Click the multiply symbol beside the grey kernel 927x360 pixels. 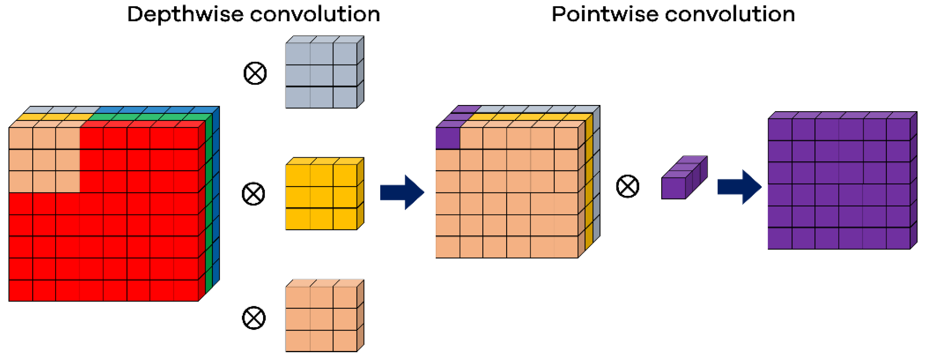[x=255, y=73]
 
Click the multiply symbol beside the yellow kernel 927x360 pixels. [x=254, y=194]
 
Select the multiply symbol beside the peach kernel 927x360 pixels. [x=254, y=318]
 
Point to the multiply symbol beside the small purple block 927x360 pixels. [x=627, y=187]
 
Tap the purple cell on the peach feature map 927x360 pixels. [x=448, y=138]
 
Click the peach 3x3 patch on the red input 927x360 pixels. [x=44, y=160]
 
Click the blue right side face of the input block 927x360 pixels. [x=216, y=198]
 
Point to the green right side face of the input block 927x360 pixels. [x=209, y=205]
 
